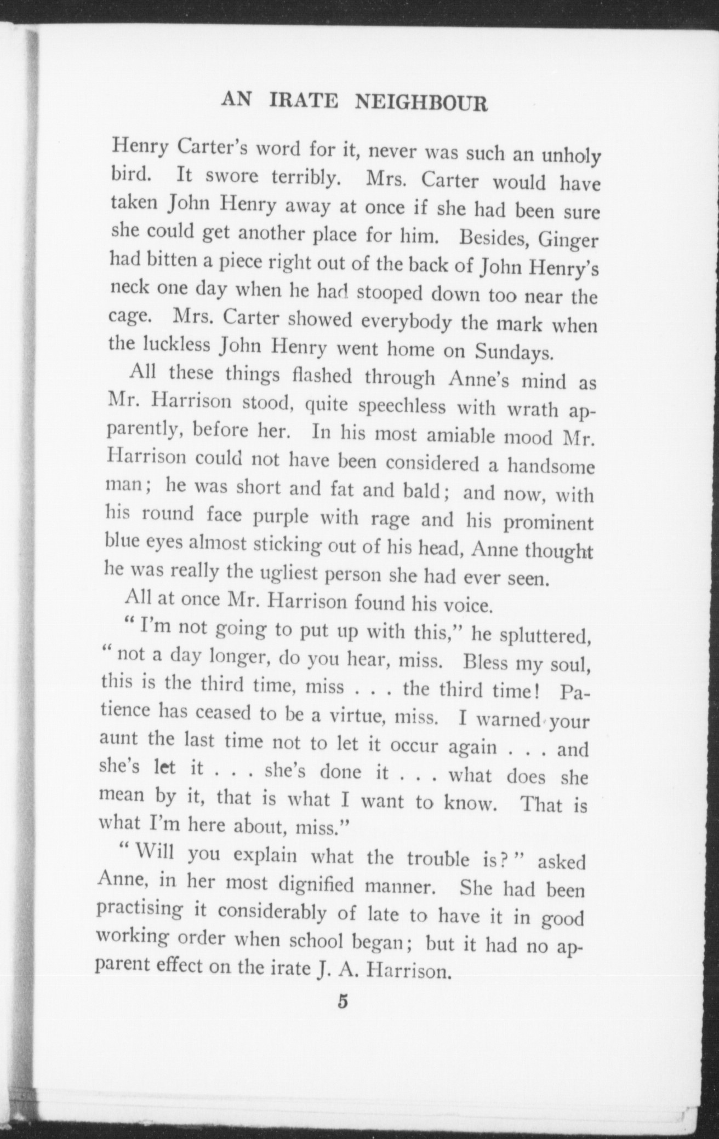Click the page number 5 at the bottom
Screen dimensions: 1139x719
click(344, 1001)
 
